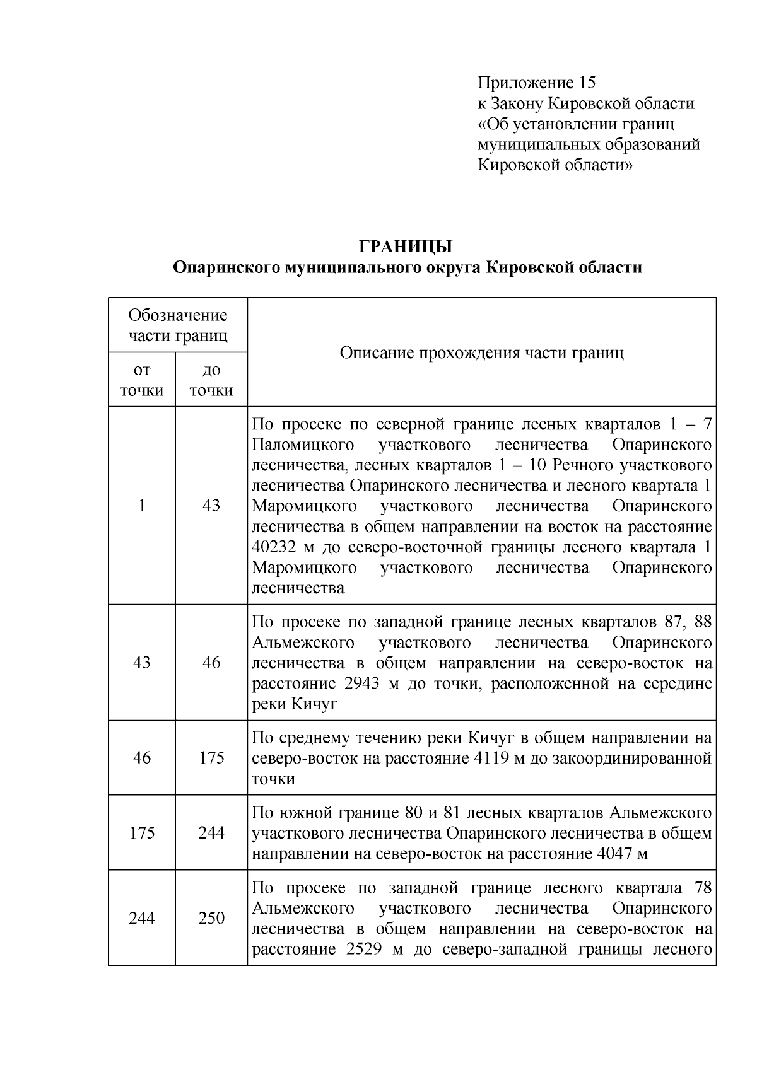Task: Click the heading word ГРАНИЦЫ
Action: tap(407, 247)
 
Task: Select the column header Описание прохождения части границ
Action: tap(481, 352)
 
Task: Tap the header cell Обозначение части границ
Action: tap(178, 325)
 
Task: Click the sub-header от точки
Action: tap(142, 380)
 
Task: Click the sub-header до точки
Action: tap(211, 380)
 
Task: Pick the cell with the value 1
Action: tap(142, 506)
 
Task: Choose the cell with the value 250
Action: tap(211, 918)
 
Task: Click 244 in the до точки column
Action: tap(211, 833)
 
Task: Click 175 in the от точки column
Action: tap(142, 833)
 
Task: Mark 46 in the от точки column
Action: tap(142, 757)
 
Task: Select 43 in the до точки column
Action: tap(211, 506)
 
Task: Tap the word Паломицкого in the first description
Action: tap(303, 445)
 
